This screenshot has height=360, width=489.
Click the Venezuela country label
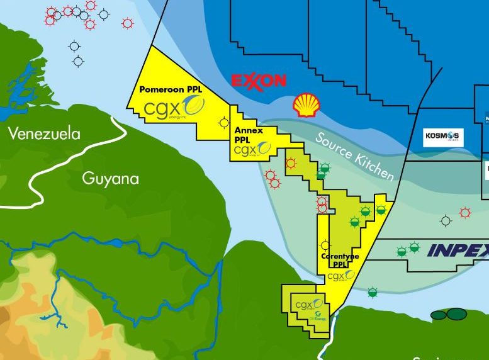[x=44, y=133]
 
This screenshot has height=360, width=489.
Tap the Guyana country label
[x=110, y=179]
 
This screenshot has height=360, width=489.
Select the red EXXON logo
[x=259, y=81]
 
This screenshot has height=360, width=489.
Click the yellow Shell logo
[x=306, y=105]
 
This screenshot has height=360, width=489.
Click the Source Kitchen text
[x=355, y=157]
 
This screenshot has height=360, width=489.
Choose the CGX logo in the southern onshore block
[x=304, y=305]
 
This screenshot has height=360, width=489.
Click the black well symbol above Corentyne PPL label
[x=325, y=245]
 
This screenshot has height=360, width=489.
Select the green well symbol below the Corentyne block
[x=373, y=292]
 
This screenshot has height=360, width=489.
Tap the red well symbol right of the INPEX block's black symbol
[x=465, y=213]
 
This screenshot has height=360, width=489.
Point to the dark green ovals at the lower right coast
[x=447, y=314]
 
